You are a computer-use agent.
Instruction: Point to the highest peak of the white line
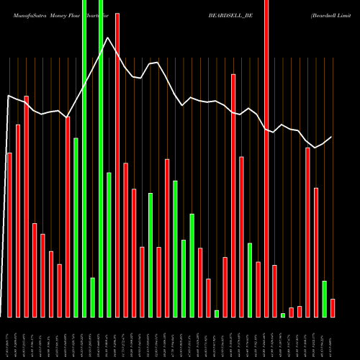click(107, 38)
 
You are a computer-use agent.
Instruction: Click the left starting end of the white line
click(9, 96)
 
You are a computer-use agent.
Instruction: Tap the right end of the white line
click(332, 137)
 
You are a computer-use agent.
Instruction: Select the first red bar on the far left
click(9, 235)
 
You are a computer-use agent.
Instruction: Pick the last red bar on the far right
click(333, 308)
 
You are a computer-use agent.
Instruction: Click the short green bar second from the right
click(324, 299)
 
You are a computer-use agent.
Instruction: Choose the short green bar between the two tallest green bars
click(92, 297)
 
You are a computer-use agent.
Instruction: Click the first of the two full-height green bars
click(84, 158)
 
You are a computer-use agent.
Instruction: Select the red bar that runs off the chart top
click(266, 158)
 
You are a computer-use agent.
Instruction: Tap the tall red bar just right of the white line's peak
click(117, 166)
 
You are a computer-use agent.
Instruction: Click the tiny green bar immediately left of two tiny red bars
click(283, 315)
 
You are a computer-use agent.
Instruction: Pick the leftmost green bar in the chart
click(76, 228)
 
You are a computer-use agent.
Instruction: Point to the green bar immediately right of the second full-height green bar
click(109, 245)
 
